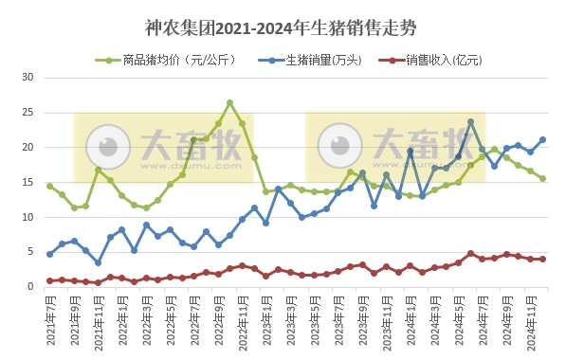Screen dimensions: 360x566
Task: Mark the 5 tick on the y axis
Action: (x=29, y=252)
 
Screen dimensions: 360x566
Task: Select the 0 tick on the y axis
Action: (x=29, y=286)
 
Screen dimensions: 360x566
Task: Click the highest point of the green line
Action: (x=230, y=103)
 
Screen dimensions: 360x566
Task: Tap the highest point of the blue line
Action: (x=470, y=122)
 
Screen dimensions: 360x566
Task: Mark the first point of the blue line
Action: (x=50, y=254)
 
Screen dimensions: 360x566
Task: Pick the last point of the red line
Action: (x=542, y=259)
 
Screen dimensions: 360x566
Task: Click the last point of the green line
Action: (x=542, y=178)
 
